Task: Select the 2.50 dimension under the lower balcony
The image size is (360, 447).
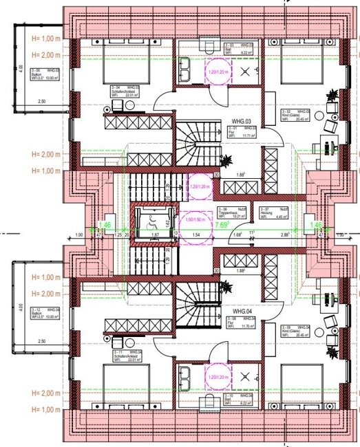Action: pyautogui.click(x=41, y=341)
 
